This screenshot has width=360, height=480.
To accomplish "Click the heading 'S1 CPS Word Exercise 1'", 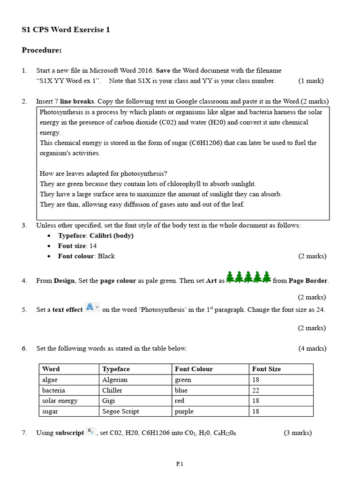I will (66, 30).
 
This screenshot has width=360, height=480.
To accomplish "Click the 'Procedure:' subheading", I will (42, 50).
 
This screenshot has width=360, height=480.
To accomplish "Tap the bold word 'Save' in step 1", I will (163, 71).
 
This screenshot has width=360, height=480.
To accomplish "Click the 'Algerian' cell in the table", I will (115, 380).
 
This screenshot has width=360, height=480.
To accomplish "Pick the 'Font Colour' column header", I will (194, 369).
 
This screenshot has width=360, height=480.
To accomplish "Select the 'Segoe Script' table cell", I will (120, 412).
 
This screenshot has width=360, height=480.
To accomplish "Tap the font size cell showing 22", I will (256, 390).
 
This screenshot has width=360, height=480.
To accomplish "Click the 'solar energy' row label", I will (60, 401).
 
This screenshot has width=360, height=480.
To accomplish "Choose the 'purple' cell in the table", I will (184, 412).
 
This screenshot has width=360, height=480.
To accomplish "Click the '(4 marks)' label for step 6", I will (312, 348).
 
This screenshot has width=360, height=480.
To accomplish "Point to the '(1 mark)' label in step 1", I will (311, 81).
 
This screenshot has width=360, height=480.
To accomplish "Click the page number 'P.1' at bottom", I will (180, 464).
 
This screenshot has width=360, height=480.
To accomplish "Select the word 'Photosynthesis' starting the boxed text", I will (61, 112).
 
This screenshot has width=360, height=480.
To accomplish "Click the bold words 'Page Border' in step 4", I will (308, 281).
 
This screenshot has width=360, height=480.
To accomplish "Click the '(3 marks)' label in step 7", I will (298, 433).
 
